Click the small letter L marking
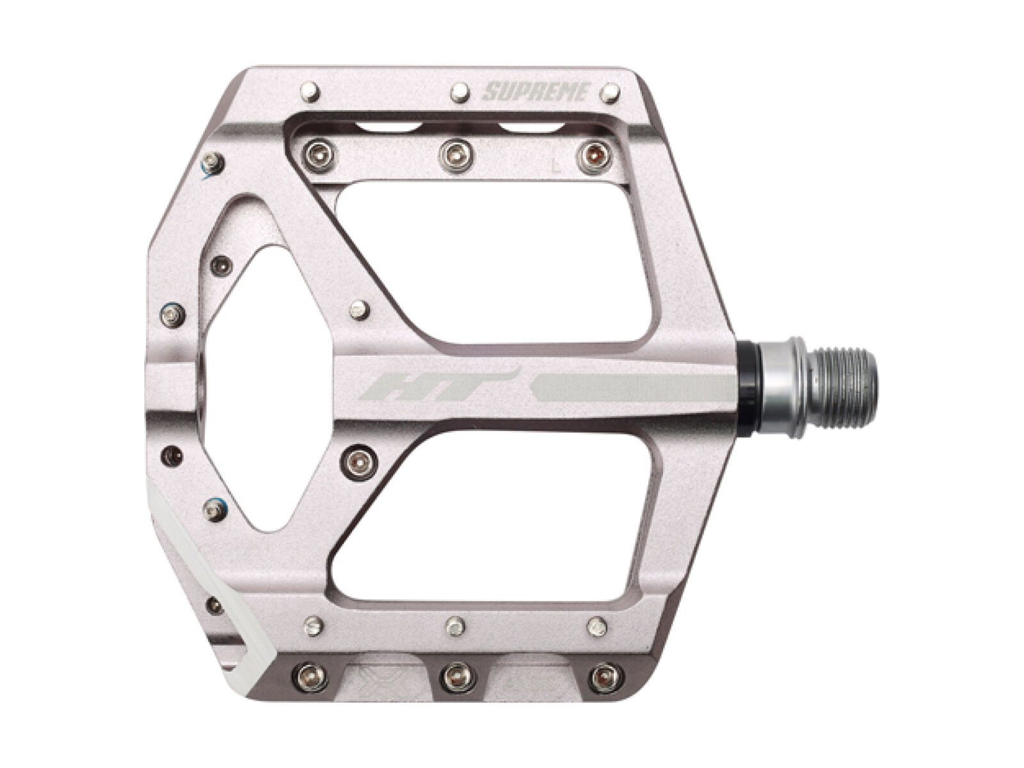coord(556,168)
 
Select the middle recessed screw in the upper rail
coord(452,152)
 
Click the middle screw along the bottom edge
coord(455,673)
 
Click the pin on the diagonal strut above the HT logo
coord(360,310)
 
